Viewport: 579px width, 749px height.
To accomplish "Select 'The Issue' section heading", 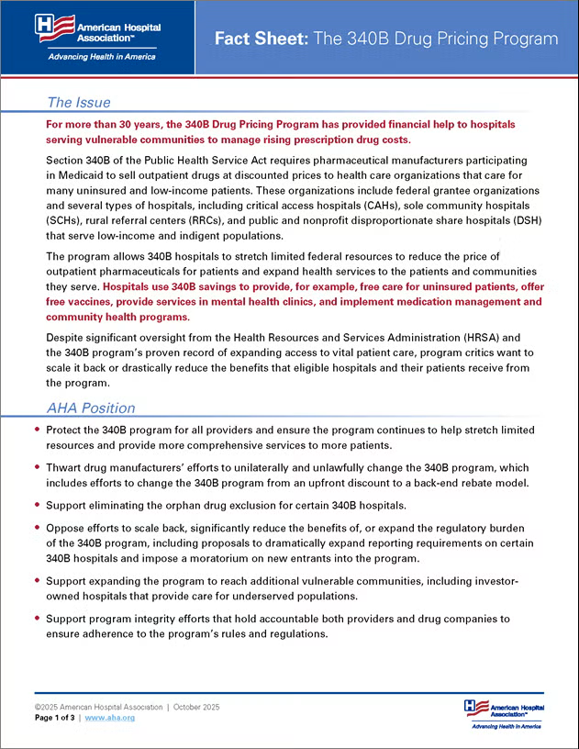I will point(79,102).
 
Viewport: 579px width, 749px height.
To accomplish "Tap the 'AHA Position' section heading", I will point(91,408).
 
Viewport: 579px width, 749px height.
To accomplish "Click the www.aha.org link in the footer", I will point(110,718).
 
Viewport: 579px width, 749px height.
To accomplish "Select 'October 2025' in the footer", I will point(195,707).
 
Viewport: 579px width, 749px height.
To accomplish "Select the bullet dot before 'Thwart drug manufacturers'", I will point(36,465).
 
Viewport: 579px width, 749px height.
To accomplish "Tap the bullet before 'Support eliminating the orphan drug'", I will point(36,504).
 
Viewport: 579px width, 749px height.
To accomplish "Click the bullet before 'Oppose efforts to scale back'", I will point(36,528).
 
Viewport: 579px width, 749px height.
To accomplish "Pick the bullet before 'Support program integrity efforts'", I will point(36,620).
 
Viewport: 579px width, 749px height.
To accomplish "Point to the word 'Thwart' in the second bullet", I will point(65,465).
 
